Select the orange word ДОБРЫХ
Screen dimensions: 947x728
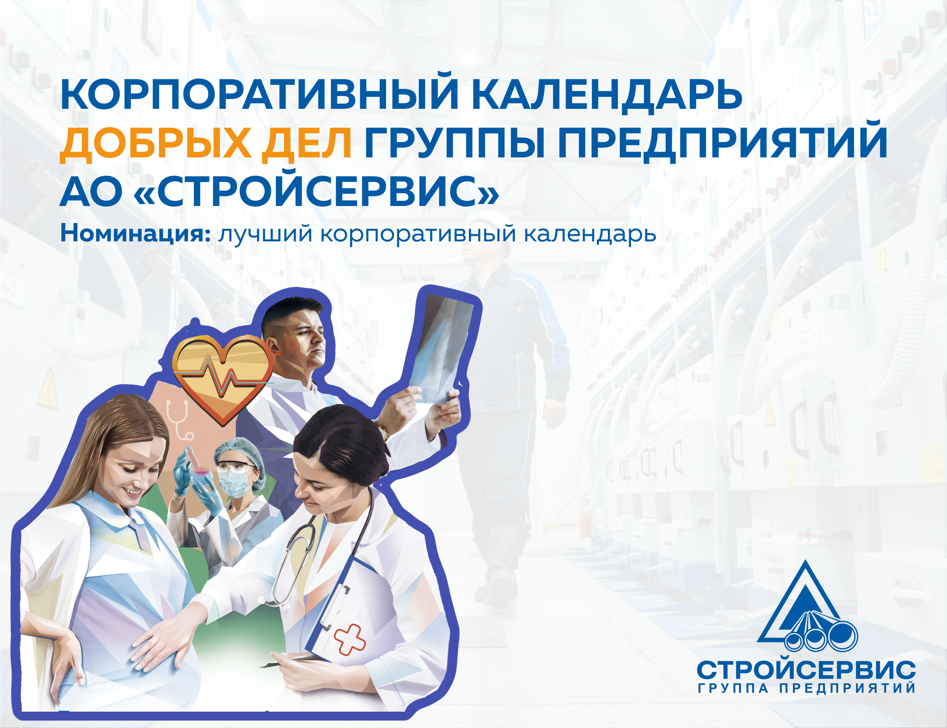(155, 143)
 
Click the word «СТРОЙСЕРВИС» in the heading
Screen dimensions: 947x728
(316, 191)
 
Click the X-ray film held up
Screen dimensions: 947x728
(442, 347)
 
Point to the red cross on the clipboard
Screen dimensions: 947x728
(350, 639)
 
